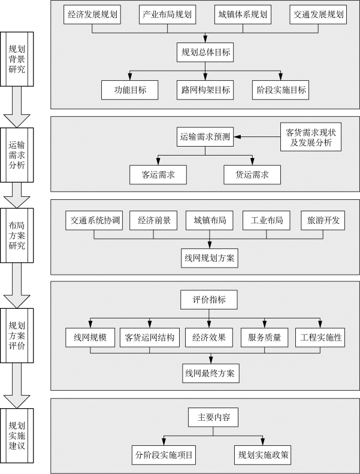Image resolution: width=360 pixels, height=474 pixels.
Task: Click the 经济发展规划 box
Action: pyautogui.click(x=93, y=14)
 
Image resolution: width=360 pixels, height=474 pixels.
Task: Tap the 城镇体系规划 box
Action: pyautogui.click(x=243, y=14)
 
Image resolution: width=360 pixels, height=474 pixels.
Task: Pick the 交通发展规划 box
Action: pyautogui.click(x=319, y=14)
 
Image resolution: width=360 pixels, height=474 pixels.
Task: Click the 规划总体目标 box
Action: pyautogui.click(x=205, y=52)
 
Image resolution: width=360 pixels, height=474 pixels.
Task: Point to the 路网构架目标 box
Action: pyautogui.click(x=205, y=90)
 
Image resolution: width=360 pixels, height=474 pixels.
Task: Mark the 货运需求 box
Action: pyautogui.click(x=252, y=175)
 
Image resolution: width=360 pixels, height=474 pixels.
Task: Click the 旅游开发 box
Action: pyautogui.click(x=323, y=220)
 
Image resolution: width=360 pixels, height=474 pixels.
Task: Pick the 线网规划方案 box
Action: pyautogui.click(x=210, y=258)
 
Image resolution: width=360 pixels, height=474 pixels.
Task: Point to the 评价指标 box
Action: pyautogui.click(x=210, y=300)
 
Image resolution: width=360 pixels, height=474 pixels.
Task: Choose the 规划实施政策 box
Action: pyautogui.click(x=263, y=454)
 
